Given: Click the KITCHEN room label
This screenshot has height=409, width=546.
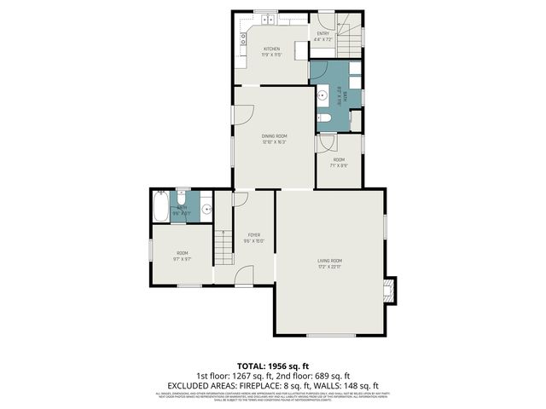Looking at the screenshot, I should point(271,49).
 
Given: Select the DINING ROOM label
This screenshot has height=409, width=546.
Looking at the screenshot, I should point(274,136).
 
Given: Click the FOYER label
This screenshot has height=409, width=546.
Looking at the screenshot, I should point(254,234).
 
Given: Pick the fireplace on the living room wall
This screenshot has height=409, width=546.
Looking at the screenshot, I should point(390,291).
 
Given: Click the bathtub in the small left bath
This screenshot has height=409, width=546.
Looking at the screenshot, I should point(160,208).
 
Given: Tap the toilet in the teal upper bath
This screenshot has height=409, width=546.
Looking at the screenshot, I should point(325,118).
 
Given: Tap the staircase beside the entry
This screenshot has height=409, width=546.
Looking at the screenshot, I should point(351,38).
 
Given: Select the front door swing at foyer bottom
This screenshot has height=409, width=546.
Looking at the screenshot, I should point(244,276).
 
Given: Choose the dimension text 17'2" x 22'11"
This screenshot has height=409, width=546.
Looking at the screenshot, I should point(330,268).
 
